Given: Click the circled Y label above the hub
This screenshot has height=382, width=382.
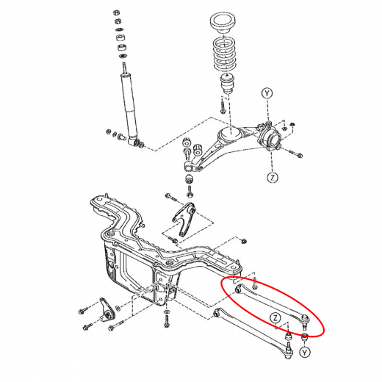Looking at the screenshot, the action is [x=267, y=93].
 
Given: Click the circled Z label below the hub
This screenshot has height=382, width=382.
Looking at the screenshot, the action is [x=273, y=177].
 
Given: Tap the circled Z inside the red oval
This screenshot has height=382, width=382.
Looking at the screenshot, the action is [x=275, y=318].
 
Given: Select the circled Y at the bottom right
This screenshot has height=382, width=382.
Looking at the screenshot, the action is [x=305, y=353].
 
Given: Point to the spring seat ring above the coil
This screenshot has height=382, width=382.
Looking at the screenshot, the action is [x=223, y=23].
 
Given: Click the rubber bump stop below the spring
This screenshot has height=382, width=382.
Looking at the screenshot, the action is [x=228, y=84].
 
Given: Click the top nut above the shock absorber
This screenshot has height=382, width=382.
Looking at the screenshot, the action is [x=117, y=12].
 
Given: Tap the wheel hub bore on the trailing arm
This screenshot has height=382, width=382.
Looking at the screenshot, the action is [x=273, y=139].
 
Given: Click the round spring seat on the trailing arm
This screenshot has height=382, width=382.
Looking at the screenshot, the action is [x=231, y=135].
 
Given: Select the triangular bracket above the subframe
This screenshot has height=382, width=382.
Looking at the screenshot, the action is [x=184, y=219].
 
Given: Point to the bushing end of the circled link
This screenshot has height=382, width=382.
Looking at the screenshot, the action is [x=237, y=289].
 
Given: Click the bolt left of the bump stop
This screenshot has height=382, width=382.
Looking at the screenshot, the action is [x=223, y=106].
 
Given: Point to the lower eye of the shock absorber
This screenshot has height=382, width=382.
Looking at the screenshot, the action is [x=133, y=142].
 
